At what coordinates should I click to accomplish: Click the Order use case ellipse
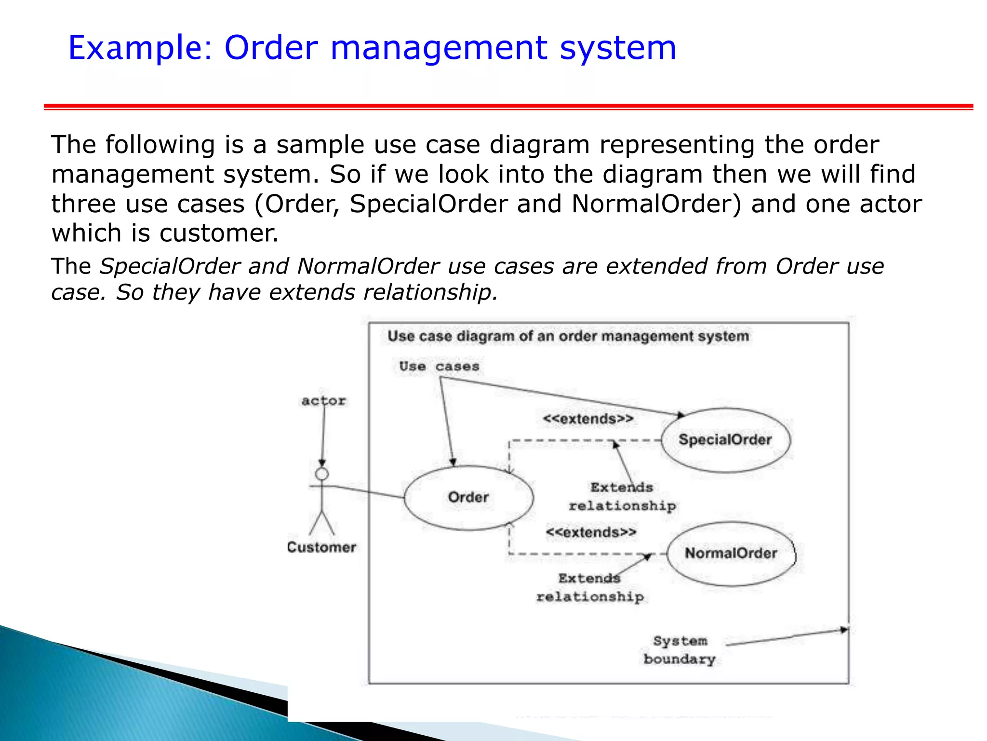click(x=468, y=497)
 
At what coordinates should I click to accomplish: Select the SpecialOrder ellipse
click(x=725, y=439)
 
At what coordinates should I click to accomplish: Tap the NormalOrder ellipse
click(x=731, y=553)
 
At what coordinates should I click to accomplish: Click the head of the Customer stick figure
click(x=322, y=474)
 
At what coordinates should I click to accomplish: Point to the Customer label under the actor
click(x=321, y=547)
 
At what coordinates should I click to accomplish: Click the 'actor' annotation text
click(x=323, y=401)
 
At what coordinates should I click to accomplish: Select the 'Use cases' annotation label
click(x=439, y=367)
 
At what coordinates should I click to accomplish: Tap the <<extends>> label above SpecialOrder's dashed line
click(x=588, y=419)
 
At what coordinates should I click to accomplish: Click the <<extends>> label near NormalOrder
click(x=591, y=533)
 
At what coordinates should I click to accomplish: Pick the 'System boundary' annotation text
click(x=680, y=650)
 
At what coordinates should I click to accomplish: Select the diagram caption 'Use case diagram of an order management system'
click(x=568, y=336)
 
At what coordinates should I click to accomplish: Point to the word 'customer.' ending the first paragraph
click(x=219, y=233)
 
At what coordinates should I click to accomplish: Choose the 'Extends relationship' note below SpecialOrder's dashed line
click(x=622, y=497)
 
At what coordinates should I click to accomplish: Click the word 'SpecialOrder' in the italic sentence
click(x=169, y=266)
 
